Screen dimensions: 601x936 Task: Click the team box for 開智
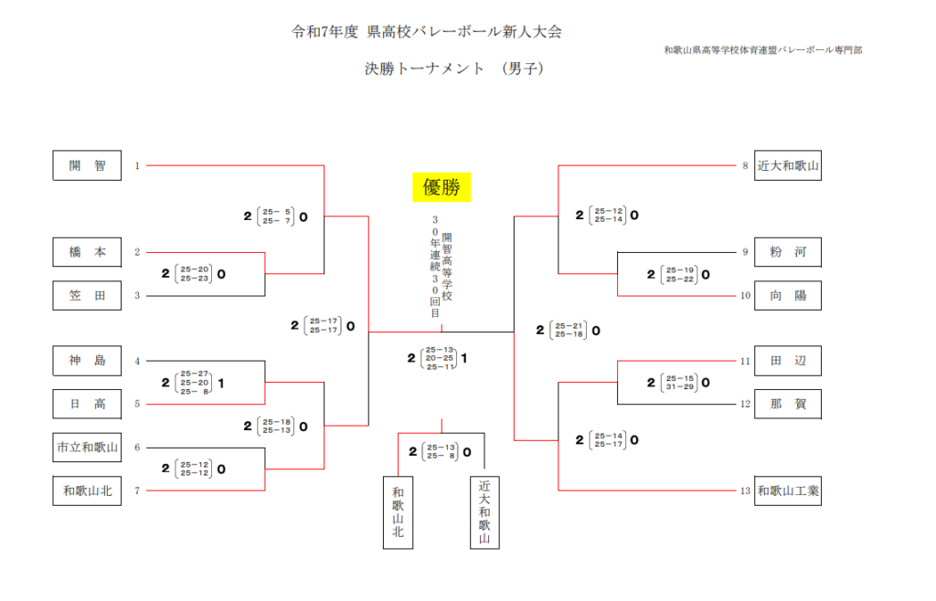[x=87, y=166]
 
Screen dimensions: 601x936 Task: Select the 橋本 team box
[x=87, y=252]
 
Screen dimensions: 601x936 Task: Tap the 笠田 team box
[x=87, y=295]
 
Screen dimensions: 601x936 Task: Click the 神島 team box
[x=87, y=361]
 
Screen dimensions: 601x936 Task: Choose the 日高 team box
[x=87, y=404]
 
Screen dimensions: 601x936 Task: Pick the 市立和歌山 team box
[x=87, y=448]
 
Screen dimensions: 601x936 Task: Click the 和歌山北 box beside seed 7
[x=87, y=491]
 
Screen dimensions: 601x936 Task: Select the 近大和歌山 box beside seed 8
[x=788, y=166]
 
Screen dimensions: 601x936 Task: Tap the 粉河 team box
[x=788, y=252]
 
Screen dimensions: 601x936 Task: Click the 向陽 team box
[x=788, y=295]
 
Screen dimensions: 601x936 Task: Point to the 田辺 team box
[x=788, y=361]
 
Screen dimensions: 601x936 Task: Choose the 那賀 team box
[x=788, y=404]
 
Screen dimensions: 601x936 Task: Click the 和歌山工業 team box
[x=788, y=491]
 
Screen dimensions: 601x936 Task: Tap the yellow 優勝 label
[x=441, y=188]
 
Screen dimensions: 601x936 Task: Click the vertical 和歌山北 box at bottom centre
[x=398, y=512]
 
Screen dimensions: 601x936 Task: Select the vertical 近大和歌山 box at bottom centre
[x=484, y=512]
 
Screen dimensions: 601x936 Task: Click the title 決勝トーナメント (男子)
[x=453, y=68]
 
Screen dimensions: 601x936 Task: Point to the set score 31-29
[x=684, y=387]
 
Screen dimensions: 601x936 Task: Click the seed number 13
[x=745, y=491]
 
